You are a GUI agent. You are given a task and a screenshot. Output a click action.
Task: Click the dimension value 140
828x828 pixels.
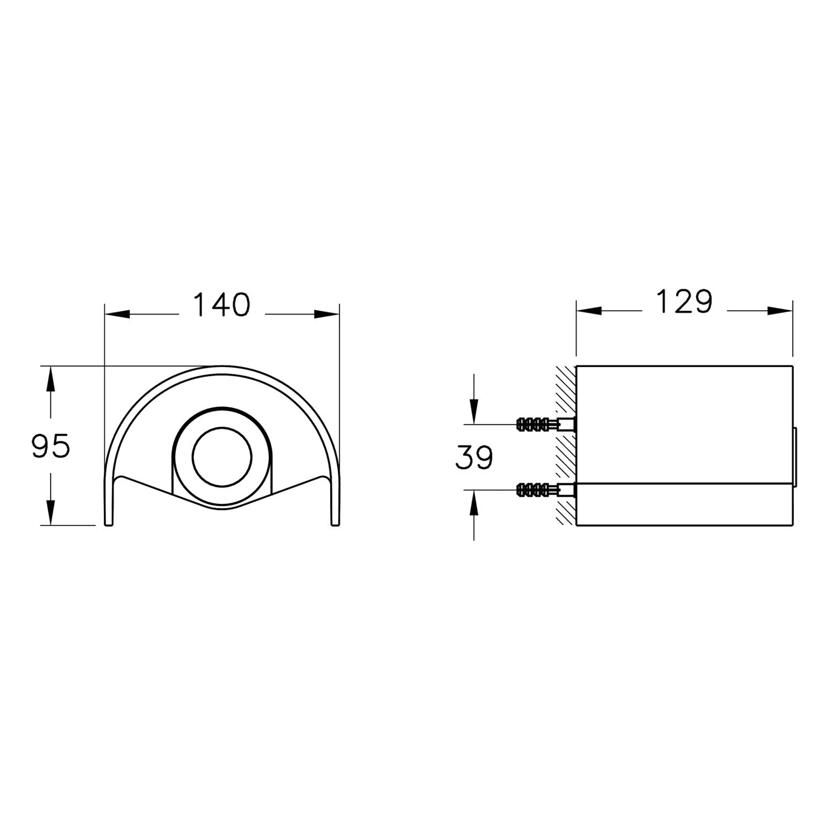pyautogui.click(x=222, y=305)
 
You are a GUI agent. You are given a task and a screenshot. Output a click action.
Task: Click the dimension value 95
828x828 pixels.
pyautogui.click(x=51, y=446)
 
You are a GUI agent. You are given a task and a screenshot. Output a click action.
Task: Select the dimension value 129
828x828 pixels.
pyautogui.click(x=684, y=302)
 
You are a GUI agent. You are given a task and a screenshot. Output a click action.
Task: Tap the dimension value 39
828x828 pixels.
pyautogui.click(x=474, y=458)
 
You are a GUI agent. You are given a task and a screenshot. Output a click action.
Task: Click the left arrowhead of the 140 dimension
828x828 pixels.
pyautogui.click(x=116, y=315)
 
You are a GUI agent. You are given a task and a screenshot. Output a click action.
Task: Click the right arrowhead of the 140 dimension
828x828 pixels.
pyautogui.click(x=327, y=315)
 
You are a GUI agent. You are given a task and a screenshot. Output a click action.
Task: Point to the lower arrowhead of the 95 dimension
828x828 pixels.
pyautogui.click(x=51, y=512)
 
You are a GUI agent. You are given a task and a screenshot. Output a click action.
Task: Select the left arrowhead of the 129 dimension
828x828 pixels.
pyautogui.click(x=588, y=311)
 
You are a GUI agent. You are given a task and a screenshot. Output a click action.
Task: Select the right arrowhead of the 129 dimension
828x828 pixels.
pyautogui.click(x=781, y=311)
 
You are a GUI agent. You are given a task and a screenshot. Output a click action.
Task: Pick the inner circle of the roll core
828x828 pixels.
pyautogui.click(x=222, y=457)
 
